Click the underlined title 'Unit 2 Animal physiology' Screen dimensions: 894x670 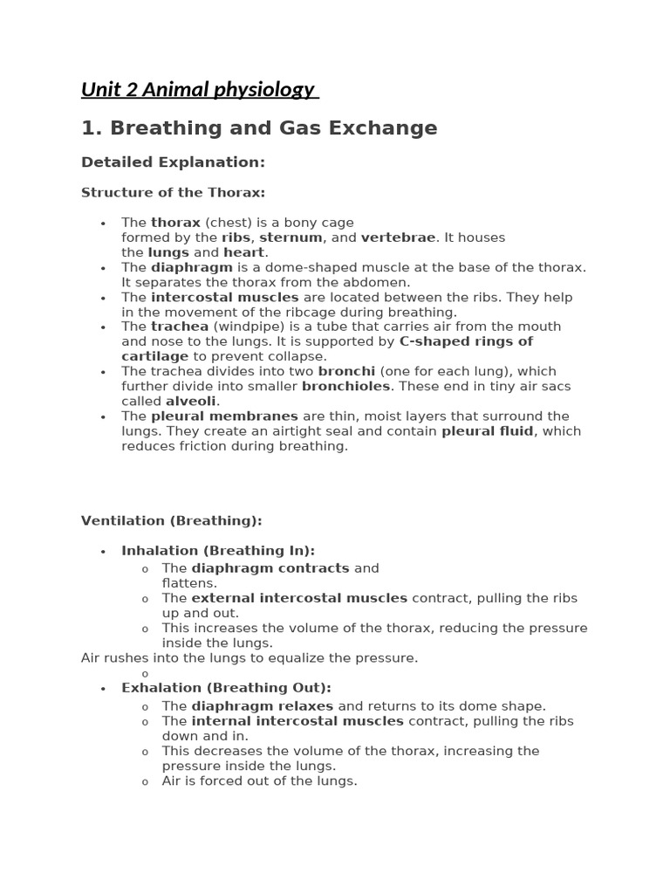coord(198,89)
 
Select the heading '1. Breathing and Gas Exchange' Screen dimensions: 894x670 coord(259,128)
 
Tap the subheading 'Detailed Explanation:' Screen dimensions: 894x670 coord(173,162)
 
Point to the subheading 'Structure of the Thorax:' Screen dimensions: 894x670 coord(173,192)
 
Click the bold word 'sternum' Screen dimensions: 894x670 coord(291,237)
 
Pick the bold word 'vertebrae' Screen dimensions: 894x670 coord(398,237)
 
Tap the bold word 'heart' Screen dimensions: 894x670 coord(243,252)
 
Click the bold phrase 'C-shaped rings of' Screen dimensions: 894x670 coord(466,341)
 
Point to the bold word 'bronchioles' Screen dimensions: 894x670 coord(345,386)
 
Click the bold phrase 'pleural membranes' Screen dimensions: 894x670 coord(224,416)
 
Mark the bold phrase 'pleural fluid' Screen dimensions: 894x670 coord(487,431)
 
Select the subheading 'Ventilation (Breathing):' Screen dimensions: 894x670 coord(171,521)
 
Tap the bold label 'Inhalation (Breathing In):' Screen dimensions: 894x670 coord(218,551)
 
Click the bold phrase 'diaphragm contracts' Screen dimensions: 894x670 coord(270,568)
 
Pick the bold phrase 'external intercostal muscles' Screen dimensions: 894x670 coord(299,598)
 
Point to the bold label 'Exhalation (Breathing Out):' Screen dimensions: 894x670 coord(226,688)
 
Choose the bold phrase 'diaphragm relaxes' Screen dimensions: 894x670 coord(263,706)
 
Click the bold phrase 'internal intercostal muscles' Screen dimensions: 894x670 coord(297,721)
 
